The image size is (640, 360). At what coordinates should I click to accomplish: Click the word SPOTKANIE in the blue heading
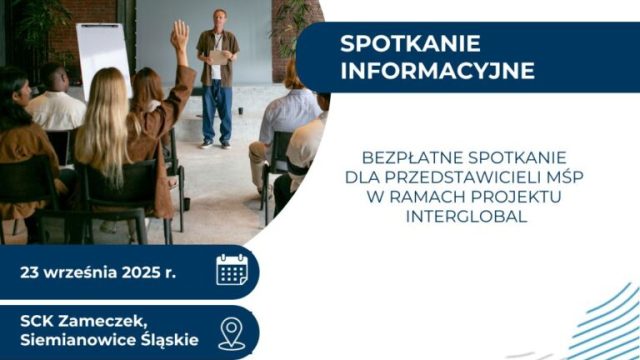pyautogui.click(x=397, y=44)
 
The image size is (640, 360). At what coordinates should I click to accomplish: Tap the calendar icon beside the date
pyautogui.click(x=231, y=270)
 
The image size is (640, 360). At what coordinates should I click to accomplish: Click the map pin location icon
pyautogui.click(x=231, y=331)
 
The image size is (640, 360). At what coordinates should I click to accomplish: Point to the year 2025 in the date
pyautogui.click(x=141, y=271)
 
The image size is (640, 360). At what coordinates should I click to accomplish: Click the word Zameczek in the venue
pyautogui.click(x=113, y=321)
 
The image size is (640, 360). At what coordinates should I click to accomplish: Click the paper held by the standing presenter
pyautogui.click(x=218, y=57)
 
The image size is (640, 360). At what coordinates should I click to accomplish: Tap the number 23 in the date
pyautogui.click(x=32, y=271)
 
